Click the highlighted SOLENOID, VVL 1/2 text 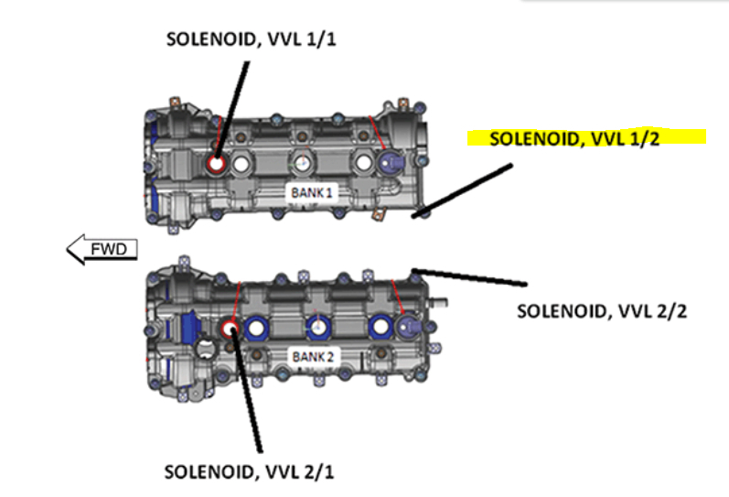[x=585, y=139]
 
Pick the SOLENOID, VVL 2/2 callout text [x=601, y=310]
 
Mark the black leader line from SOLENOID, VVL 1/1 [x=232, y=110]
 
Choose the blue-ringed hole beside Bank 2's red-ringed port [x=255, y=327]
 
